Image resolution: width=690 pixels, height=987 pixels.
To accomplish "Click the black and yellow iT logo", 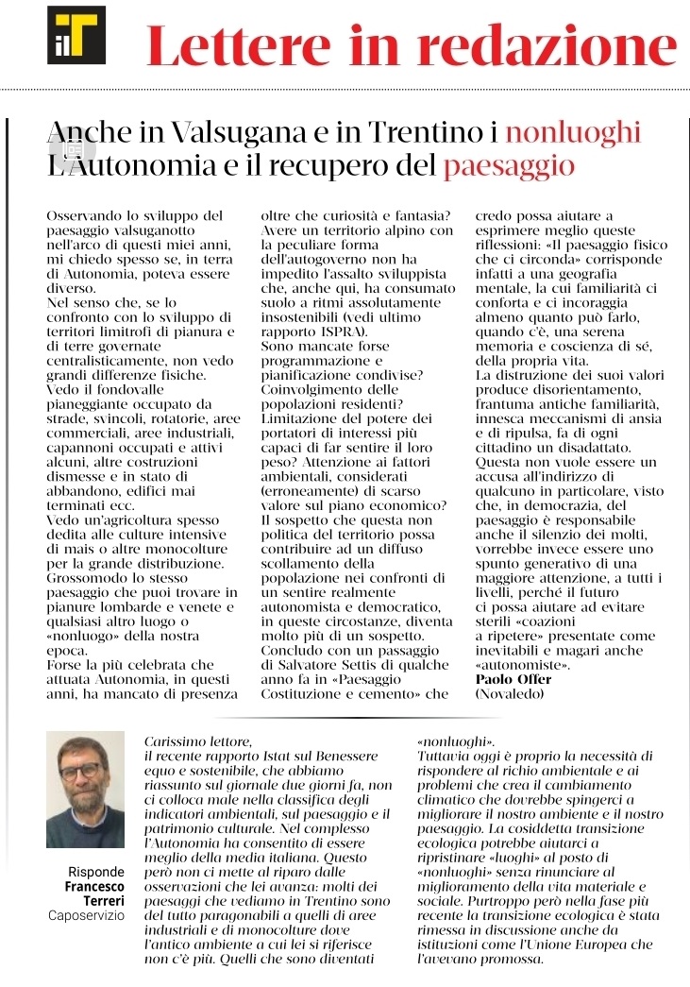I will click(76, 35).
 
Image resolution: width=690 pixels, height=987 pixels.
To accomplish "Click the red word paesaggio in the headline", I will click(509, 166).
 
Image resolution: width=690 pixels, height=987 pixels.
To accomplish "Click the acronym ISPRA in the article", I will click(336, 332).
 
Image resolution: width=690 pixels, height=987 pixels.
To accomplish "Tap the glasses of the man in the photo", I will click(81, 770).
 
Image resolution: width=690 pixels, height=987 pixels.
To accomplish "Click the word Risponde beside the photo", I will click(96, 872).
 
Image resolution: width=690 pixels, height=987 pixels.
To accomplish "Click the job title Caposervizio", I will click(87, 916).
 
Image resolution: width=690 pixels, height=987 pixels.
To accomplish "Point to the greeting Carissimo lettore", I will click(198, 742).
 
